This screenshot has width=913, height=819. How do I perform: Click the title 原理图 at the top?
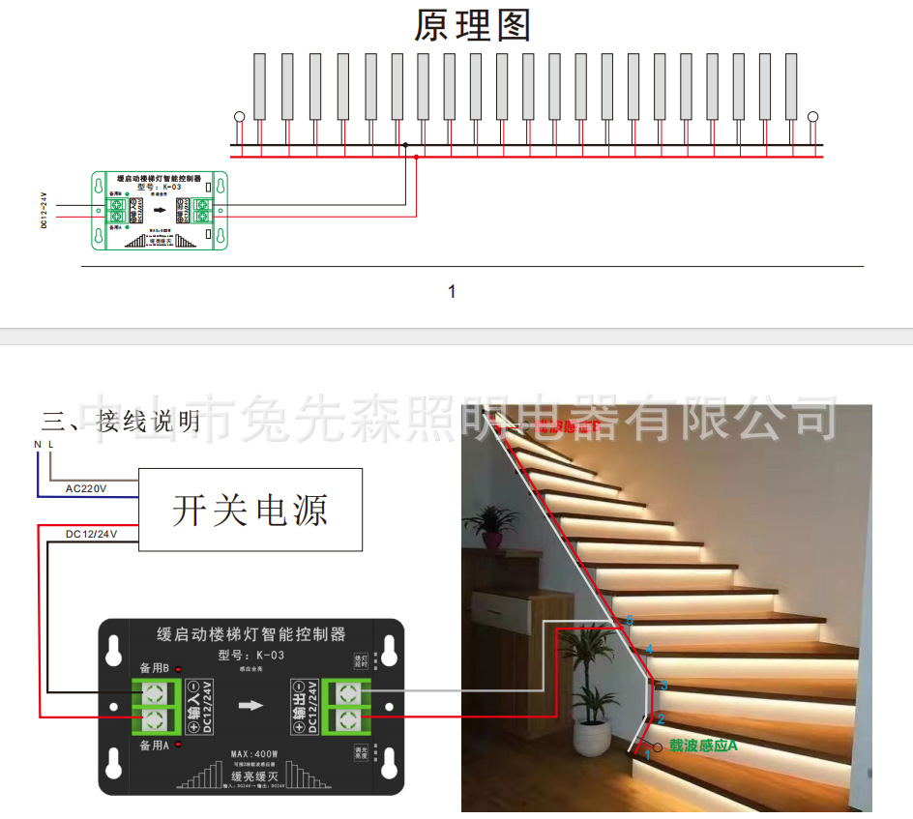click(473, 26)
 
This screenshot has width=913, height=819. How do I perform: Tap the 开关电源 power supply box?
click(250, 510)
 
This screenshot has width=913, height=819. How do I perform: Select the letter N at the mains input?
click(38, 445)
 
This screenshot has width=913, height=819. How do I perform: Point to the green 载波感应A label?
click(703, 746)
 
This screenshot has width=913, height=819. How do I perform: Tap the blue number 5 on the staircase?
click(630, 620)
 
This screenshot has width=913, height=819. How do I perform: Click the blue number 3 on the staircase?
click(663, 685)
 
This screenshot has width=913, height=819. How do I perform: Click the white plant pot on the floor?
click(592, 737)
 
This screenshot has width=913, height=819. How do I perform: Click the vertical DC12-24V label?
click(44, 210)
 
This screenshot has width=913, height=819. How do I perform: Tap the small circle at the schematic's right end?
click(813, 117)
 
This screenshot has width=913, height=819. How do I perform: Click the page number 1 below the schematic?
click(452, 291)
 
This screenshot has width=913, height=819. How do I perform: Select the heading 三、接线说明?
click(121, 422)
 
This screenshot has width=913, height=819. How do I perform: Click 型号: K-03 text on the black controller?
click(251, 656)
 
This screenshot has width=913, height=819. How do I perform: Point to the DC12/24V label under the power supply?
click(93, 533)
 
